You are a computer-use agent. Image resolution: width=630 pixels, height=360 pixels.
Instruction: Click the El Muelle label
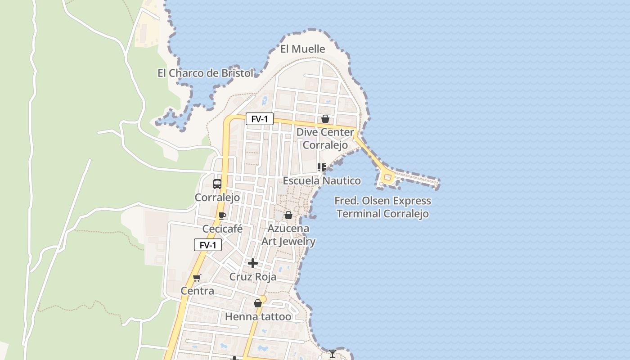click(302, 49)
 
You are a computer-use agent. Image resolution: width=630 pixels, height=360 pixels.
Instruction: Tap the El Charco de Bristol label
click(205, 73)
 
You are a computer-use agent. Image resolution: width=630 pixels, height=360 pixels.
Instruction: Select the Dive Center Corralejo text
click(325, 139)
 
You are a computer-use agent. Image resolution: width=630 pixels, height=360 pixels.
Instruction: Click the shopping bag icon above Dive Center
click(325, 119)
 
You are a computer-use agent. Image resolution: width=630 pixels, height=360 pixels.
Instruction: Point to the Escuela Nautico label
click(321, 181)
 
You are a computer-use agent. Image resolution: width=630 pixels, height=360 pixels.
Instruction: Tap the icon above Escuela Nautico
click(321, 168)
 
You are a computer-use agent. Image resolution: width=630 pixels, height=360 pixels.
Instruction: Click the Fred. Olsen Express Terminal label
click(382, 207)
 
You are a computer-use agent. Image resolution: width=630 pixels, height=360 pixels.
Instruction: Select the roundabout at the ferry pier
click(387, 177)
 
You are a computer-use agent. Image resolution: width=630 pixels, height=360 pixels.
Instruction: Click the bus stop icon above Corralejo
click(217, 184)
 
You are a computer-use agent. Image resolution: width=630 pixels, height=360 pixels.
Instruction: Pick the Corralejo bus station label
click(217, 198)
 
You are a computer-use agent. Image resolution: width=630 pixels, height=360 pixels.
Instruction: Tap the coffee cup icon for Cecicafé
click(222, 216)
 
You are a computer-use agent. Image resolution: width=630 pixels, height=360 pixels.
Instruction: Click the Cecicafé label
click(222, 229)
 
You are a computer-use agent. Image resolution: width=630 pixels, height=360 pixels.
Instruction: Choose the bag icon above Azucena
click(288, 215)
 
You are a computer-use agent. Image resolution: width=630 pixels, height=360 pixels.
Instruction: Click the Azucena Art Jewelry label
click(288, 235)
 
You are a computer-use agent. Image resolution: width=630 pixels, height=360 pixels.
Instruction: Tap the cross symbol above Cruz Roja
click(253, 263)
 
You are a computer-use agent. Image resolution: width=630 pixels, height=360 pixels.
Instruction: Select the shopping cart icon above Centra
click(197, 278)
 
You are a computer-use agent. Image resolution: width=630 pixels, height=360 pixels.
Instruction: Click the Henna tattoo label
click(258, 317)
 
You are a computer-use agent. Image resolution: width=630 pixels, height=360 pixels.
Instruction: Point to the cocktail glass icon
click(332, 354)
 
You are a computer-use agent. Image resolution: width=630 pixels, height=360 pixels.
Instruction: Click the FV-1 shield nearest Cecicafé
click(208, 245)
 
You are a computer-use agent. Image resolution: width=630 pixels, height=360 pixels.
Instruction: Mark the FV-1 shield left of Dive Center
click(260, 119)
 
